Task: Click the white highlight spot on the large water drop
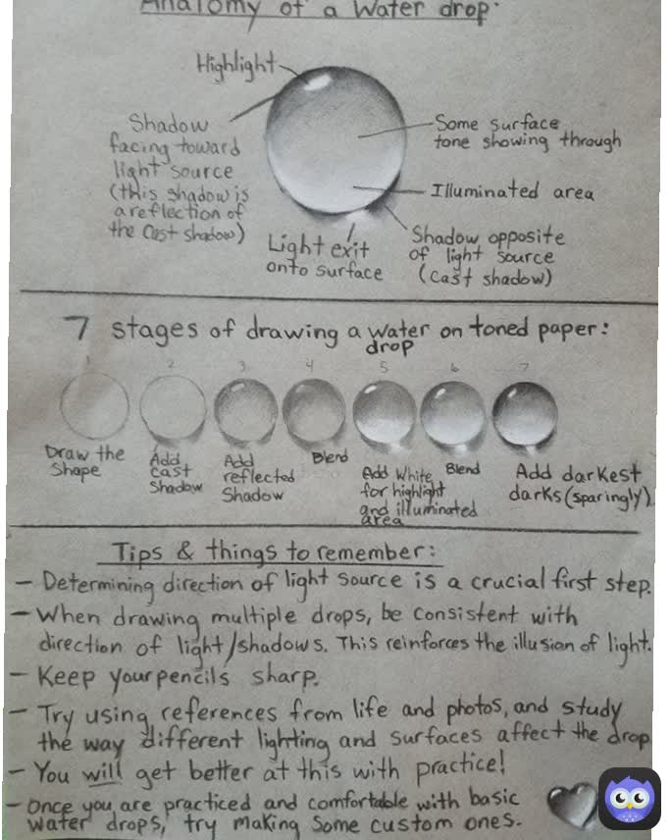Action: point(318,82)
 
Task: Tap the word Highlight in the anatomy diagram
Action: point(236,66)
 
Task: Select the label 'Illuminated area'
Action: point(512,191)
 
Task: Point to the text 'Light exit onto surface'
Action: point(324,258)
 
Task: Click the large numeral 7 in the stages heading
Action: point(77,328)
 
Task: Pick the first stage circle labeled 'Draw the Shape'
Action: point(95,405)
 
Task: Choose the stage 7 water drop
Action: point(525,414)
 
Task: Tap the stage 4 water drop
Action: point(314,411)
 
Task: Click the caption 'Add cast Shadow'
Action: point(175,473)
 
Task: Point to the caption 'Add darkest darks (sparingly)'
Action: point(581,486)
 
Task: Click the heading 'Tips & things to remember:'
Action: point(273,552)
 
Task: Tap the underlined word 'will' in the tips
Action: point(102,772)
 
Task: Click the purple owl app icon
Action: point(630,799)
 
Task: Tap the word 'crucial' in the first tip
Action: point(508,581)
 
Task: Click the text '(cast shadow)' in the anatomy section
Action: point(485,277)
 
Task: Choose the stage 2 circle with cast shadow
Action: point(173,408)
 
